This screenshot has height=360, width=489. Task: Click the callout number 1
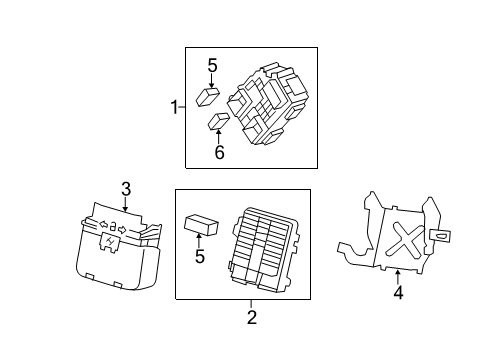pyautogui.click(x=175, y=107)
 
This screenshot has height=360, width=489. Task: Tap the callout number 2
pyautogui.click(x=252, y=317)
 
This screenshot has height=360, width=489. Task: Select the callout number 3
pyautogui.click(x=126, y=188)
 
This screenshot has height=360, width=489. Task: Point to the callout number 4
pyautogui.click(x=397, y=293)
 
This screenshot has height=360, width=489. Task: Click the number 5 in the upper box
pyautogui.click(x=212, y=67)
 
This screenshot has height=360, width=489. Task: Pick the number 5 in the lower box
pyautogui.click(x=200, y=257)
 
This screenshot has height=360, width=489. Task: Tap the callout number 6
pyautogui.click(x=219, y=153)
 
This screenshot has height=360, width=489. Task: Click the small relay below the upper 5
pyautogui.click(x=209, y=96)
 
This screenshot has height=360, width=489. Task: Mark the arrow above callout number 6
pyautogui.click(x=219, y=137)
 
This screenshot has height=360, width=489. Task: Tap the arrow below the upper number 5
pyautogui.click(x=211, y=82)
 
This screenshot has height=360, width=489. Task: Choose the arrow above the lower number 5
pyautogui.click(x=200, y=240)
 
